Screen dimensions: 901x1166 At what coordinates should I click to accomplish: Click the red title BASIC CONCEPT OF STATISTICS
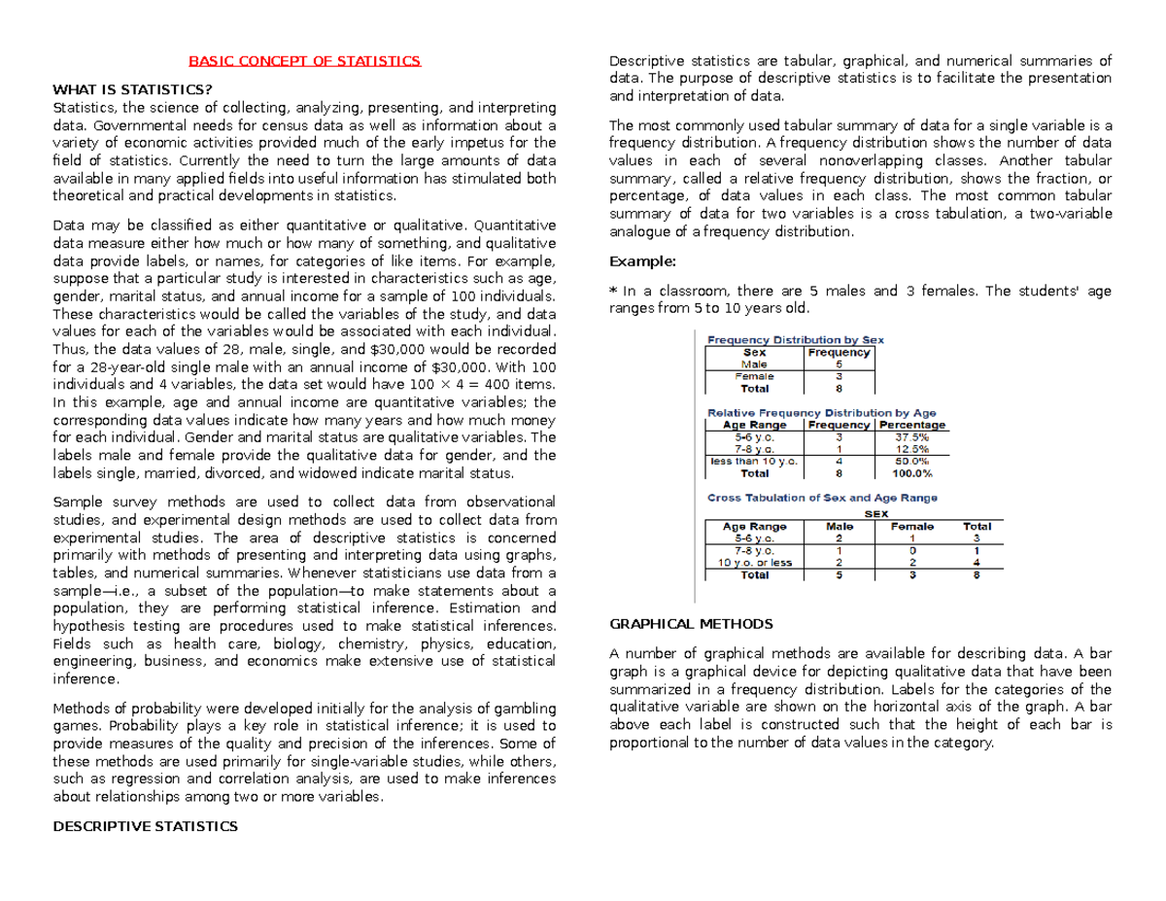pos(304,62)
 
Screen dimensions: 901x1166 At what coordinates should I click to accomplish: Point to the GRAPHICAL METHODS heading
pos(690,623)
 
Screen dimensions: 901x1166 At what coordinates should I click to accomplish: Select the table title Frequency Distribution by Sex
pos(795,340)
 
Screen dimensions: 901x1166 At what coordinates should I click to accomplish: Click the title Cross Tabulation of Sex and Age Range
pos(822,498)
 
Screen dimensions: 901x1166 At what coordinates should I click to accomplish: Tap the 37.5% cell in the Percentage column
pos(911,437)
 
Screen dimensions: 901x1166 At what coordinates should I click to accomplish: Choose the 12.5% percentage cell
pos(911,450)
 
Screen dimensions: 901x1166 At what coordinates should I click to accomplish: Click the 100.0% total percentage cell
pos(911,474)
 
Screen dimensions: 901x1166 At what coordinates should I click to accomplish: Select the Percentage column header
pos(911,425)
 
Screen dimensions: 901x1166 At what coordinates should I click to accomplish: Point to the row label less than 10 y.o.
pos(754,462)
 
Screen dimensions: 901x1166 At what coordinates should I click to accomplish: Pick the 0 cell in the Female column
pos(910,550)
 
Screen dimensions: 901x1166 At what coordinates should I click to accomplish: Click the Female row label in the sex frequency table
pos(755,376)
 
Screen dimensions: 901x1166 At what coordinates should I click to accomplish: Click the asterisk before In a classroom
pos(612,291)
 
